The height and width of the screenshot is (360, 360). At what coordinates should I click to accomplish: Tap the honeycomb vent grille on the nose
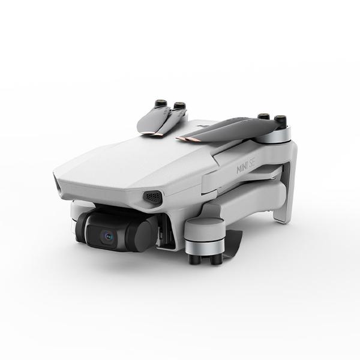click(152, 196)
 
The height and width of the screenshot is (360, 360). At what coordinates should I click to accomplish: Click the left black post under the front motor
click(193, 258)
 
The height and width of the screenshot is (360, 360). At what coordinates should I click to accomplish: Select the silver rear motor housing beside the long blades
click(275, 135)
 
